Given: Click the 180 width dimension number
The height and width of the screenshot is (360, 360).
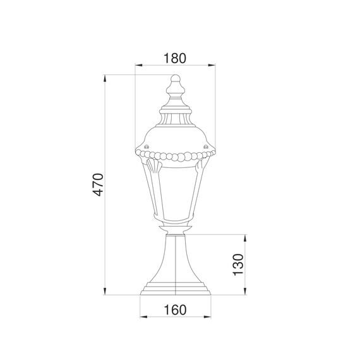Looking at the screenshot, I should tap(174, 58).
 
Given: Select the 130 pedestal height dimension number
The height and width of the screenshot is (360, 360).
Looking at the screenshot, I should tap(239, 265).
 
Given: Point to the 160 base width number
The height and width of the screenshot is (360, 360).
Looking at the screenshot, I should tap(174, 310).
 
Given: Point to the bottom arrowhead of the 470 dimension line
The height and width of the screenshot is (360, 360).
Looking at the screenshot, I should tap(105, 294).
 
